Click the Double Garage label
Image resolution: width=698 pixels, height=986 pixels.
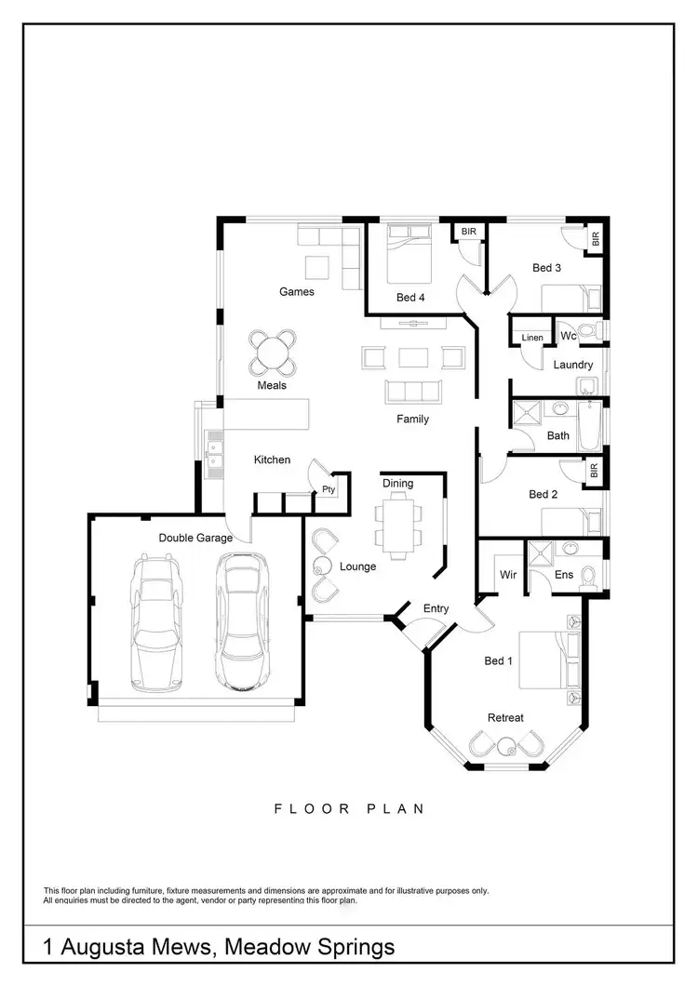[195, 538]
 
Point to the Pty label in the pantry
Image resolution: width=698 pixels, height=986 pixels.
[328, 489]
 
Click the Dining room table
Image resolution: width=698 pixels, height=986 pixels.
[398, 525]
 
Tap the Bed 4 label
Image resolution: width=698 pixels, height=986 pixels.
[411, 298]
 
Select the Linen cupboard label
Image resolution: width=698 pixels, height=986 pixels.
[532, 338]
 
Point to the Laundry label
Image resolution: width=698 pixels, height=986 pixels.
[572, 365]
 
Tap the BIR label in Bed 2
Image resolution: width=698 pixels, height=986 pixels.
[594, 472]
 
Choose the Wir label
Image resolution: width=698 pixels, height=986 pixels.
[508, 575]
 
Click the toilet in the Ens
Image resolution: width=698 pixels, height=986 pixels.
[588, 578]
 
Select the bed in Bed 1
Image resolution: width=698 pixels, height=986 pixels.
[542, 658]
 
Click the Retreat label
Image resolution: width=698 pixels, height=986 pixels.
[505, 717]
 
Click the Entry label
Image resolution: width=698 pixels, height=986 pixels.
[436, 608]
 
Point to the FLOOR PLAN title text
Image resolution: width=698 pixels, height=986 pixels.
[349, 808]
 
